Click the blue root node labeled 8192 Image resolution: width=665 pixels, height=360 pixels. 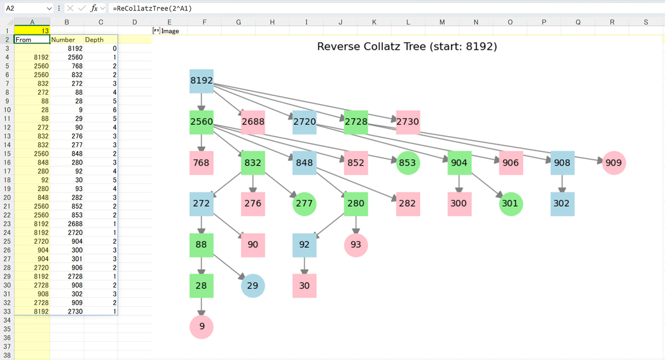202,81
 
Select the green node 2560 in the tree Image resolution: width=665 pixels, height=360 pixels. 202,122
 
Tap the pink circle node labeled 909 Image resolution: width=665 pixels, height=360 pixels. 614,163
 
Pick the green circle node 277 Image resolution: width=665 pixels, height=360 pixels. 304,204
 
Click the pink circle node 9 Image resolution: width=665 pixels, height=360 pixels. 202,327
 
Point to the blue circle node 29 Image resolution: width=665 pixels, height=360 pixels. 253,286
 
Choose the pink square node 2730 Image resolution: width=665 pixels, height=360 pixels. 408,122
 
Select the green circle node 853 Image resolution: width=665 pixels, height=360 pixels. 408,163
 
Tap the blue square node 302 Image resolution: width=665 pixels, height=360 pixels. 562,204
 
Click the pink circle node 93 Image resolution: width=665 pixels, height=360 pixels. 356,245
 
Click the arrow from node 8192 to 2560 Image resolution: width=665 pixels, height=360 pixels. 202,102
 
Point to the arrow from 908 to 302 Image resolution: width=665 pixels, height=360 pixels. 562,183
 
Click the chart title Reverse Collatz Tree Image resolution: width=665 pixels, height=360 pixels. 407,47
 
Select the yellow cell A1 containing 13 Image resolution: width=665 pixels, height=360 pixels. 32,30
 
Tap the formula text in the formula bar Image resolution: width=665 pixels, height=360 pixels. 152,8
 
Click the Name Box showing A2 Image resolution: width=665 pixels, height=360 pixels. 29,8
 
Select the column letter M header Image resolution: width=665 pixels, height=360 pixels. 442,22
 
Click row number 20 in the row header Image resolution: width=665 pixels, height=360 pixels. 7,197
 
